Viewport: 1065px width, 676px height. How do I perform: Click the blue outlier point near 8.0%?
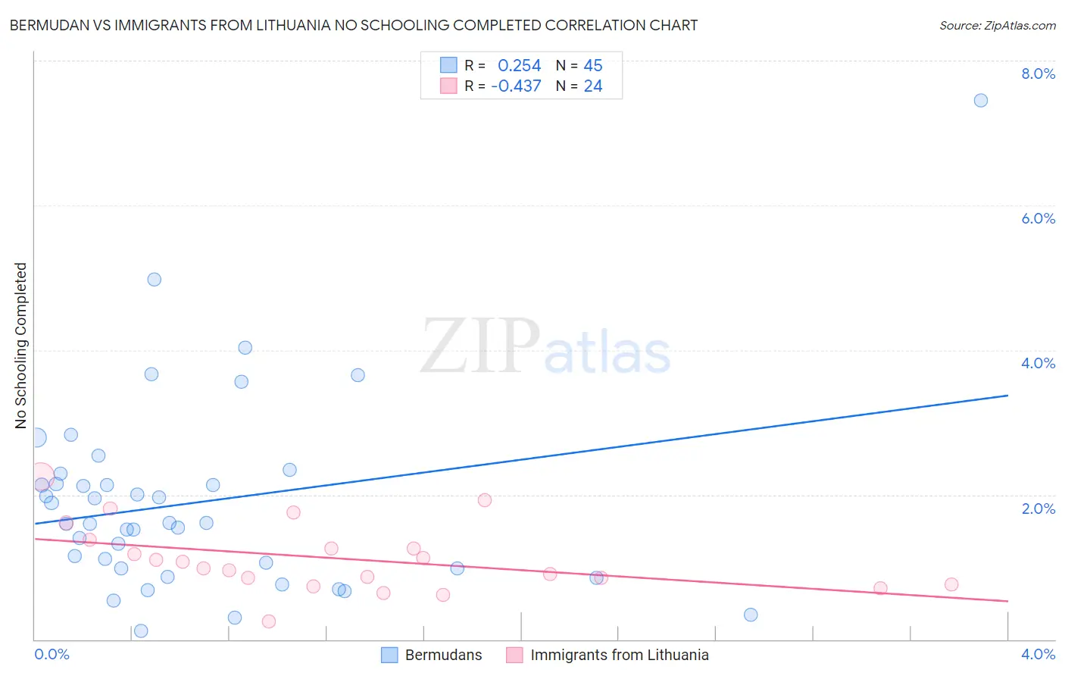coord(980,100)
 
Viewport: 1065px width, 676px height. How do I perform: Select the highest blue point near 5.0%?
coord(154,279)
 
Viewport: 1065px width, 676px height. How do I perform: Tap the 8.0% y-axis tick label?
coord(1038,74)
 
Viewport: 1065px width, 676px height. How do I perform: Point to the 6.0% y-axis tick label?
coord(1038,218)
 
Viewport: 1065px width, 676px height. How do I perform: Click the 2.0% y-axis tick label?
coord(1038,509)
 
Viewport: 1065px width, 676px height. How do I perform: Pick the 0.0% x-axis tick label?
coord(52,654)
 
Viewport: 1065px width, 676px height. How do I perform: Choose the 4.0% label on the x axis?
coord(1038,654)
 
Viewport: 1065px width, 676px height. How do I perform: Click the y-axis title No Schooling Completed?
coord(20,346)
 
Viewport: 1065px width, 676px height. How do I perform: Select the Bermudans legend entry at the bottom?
coord(443,655)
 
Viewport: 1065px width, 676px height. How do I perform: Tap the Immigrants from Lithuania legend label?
coord(619,655)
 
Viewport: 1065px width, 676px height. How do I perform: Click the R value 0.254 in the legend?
coord(519,66)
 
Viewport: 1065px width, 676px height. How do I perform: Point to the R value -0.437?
coord(516,86)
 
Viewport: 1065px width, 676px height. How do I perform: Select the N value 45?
coord(593,66)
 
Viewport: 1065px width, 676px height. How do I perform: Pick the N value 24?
coord(593,86)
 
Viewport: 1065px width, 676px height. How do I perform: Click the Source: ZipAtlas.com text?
coord(997,25)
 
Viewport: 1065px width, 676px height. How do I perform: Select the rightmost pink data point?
coord(951,584)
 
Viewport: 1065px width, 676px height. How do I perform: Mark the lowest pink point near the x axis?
coord(268,621)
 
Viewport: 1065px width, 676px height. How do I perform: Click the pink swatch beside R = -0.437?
coord(448,86)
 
